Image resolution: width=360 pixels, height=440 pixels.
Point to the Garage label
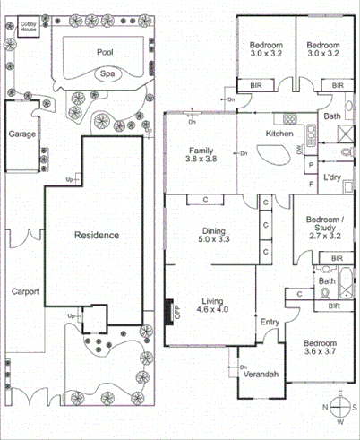point(22,133)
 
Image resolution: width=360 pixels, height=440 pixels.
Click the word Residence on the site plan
point(95,235)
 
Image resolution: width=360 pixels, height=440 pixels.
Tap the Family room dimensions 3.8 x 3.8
point(201,159)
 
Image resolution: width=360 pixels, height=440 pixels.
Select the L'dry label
point(332,177)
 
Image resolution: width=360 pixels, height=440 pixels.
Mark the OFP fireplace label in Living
point(176,313)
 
